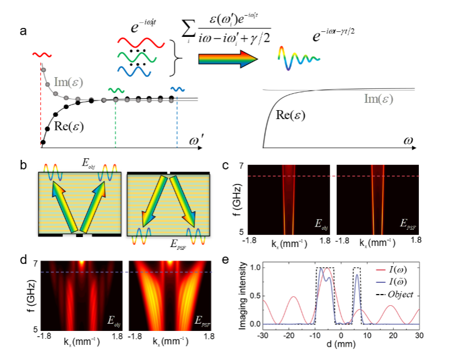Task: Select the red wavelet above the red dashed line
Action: tap(40, 55)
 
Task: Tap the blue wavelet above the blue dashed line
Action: tap(177, 88)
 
